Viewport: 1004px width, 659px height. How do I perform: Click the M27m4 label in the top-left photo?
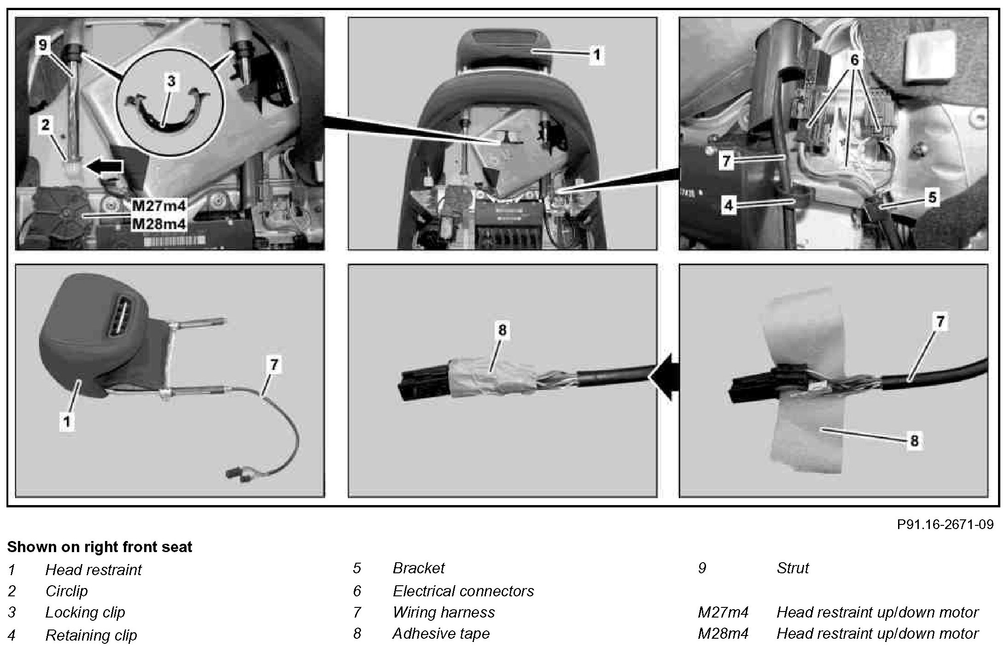(159, 206)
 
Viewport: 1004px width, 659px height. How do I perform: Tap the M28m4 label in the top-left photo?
(159, 224)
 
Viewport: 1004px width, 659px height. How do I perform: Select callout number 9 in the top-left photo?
(43, 46)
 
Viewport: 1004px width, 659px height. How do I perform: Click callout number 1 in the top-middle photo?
(596, 55)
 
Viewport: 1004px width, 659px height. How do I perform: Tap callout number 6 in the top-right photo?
(855, 60)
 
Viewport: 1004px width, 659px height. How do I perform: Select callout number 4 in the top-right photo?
(728, 206)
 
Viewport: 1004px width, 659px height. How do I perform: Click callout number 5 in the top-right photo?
(932, 198)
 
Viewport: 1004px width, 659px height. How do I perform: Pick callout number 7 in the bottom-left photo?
(274, 365)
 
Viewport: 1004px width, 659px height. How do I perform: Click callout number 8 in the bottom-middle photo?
(502, 330)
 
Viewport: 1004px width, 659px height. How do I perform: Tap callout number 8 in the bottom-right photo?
(914, 441)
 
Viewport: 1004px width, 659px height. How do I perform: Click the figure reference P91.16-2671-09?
(945, 524)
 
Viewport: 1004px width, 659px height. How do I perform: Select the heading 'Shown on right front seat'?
(99, 547)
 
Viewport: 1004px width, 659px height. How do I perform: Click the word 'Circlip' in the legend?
(66, 591)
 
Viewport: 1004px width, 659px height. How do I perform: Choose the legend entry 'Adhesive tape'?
(441, 634)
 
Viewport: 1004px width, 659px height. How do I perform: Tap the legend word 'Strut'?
(792, 568)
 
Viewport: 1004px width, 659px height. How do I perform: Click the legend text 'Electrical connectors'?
(463, 591)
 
